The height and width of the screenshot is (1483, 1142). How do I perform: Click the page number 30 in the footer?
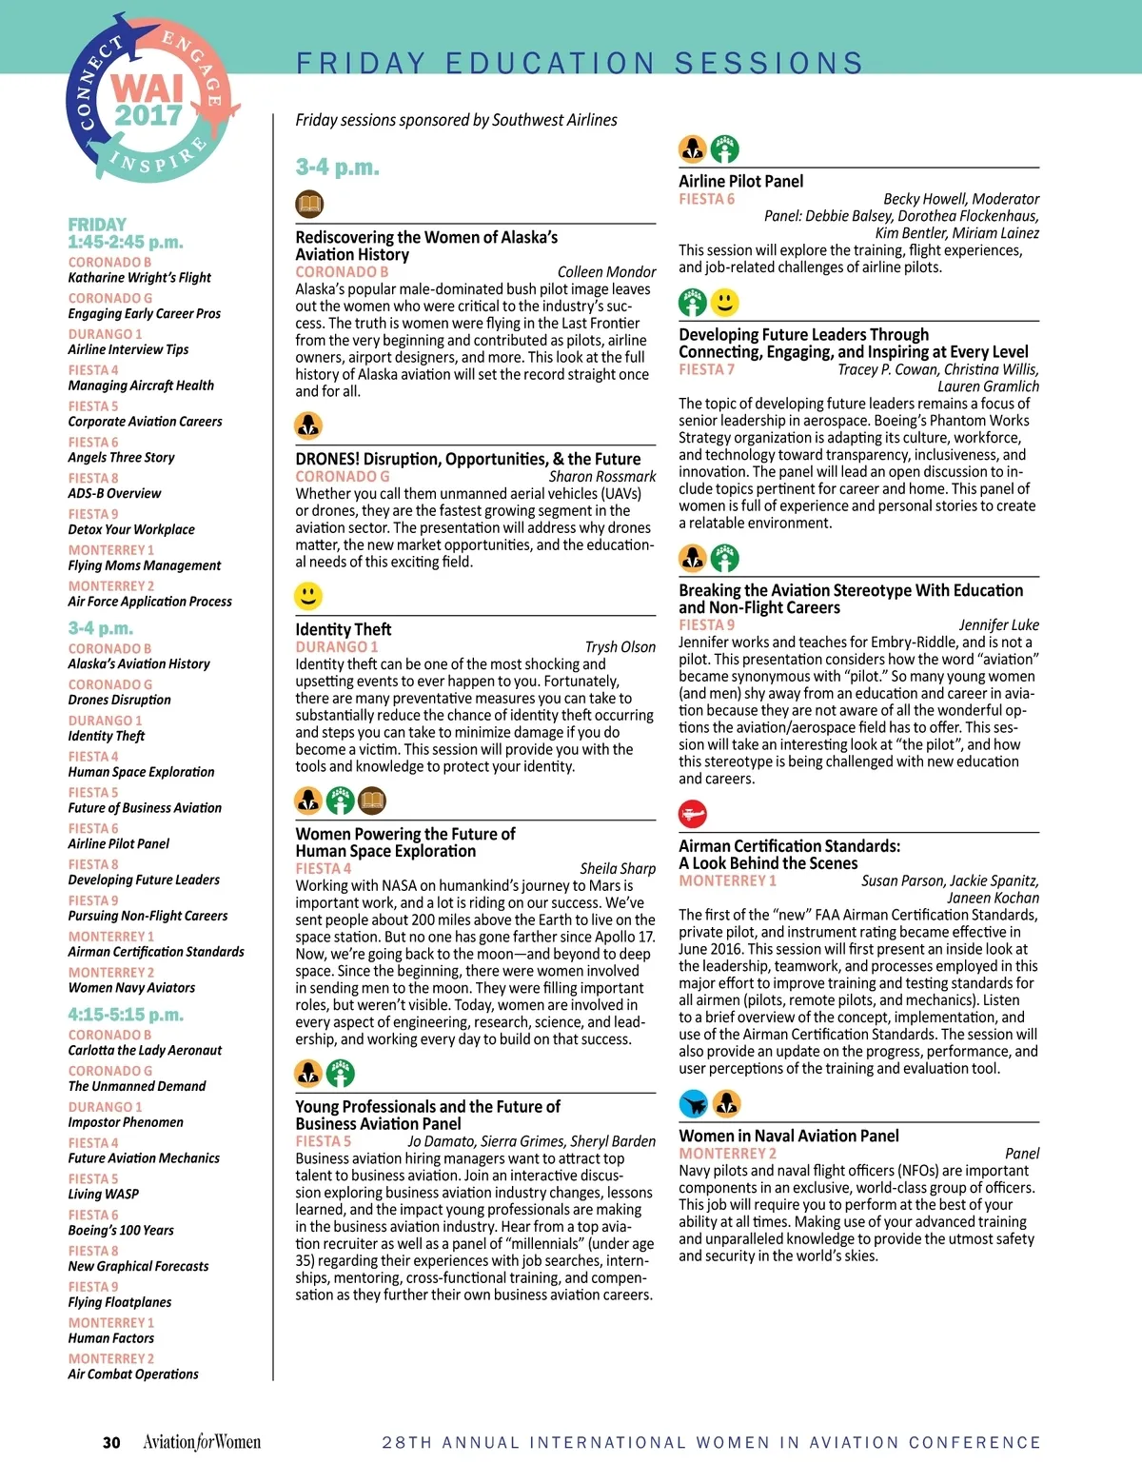click(x=111, y=1442)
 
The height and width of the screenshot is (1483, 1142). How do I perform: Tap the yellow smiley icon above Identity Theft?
click(x=308, y=597)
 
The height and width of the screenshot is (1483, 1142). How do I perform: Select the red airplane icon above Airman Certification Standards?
click(x=693, y=814)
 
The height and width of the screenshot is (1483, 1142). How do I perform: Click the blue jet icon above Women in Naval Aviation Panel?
click(x=694, y=1104)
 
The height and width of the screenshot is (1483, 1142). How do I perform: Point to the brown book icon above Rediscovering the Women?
click(x=309, y=203)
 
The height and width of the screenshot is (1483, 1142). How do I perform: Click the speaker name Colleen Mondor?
click(x=606, y=272)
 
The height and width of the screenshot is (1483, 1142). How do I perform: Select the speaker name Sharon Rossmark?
click(x=602, y=476)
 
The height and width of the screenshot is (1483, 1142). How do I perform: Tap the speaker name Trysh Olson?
click(x=620, y=647)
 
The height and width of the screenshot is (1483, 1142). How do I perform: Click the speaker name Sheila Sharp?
click(x=618, y=868)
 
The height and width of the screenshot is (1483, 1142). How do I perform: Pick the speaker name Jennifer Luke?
click(x=998, y=625)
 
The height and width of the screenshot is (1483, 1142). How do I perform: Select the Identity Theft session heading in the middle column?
click(x=343, y=629)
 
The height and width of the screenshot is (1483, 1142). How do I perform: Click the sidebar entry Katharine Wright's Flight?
click(x=139, y=278)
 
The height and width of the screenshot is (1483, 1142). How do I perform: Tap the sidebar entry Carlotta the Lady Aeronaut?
click(x=145, y=1050)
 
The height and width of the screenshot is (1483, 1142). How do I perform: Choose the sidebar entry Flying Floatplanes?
click(x=120, y=1302)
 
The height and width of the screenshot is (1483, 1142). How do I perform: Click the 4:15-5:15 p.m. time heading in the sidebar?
click(x=126, y=1015)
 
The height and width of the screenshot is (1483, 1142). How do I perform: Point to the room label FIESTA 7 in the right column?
click(x=706, y=369)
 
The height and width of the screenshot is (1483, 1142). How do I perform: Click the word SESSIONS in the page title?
click(x=769, y=63)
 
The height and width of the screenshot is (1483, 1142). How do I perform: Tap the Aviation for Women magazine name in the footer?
click(x=202, y=1442)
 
